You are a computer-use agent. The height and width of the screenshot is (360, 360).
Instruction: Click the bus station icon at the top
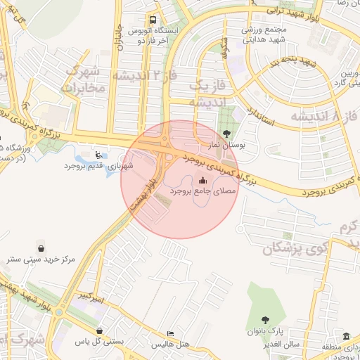[x=153, y=20]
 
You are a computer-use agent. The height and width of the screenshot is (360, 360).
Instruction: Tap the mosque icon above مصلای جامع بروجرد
[x=203, y=179]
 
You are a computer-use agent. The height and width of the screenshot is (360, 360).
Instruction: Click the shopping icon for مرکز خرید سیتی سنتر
[x=41, y=248]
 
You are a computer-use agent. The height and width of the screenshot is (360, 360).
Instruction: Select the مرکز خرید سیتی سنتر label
[x=41, y=259]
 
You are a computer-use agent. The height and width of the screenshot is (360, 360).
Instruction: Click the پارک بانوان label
[x=265, y=330]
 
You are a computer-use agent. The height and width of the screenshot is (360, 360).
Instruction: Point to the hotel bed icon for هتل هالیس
[x=171, y=333]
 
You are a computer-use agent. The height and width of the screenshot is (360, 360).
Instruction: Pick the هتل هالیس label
[x=171, y=345]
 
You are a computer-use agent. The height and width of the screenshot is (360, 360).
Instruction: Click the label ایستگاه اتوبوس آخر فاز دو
[x=153, y=36]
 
